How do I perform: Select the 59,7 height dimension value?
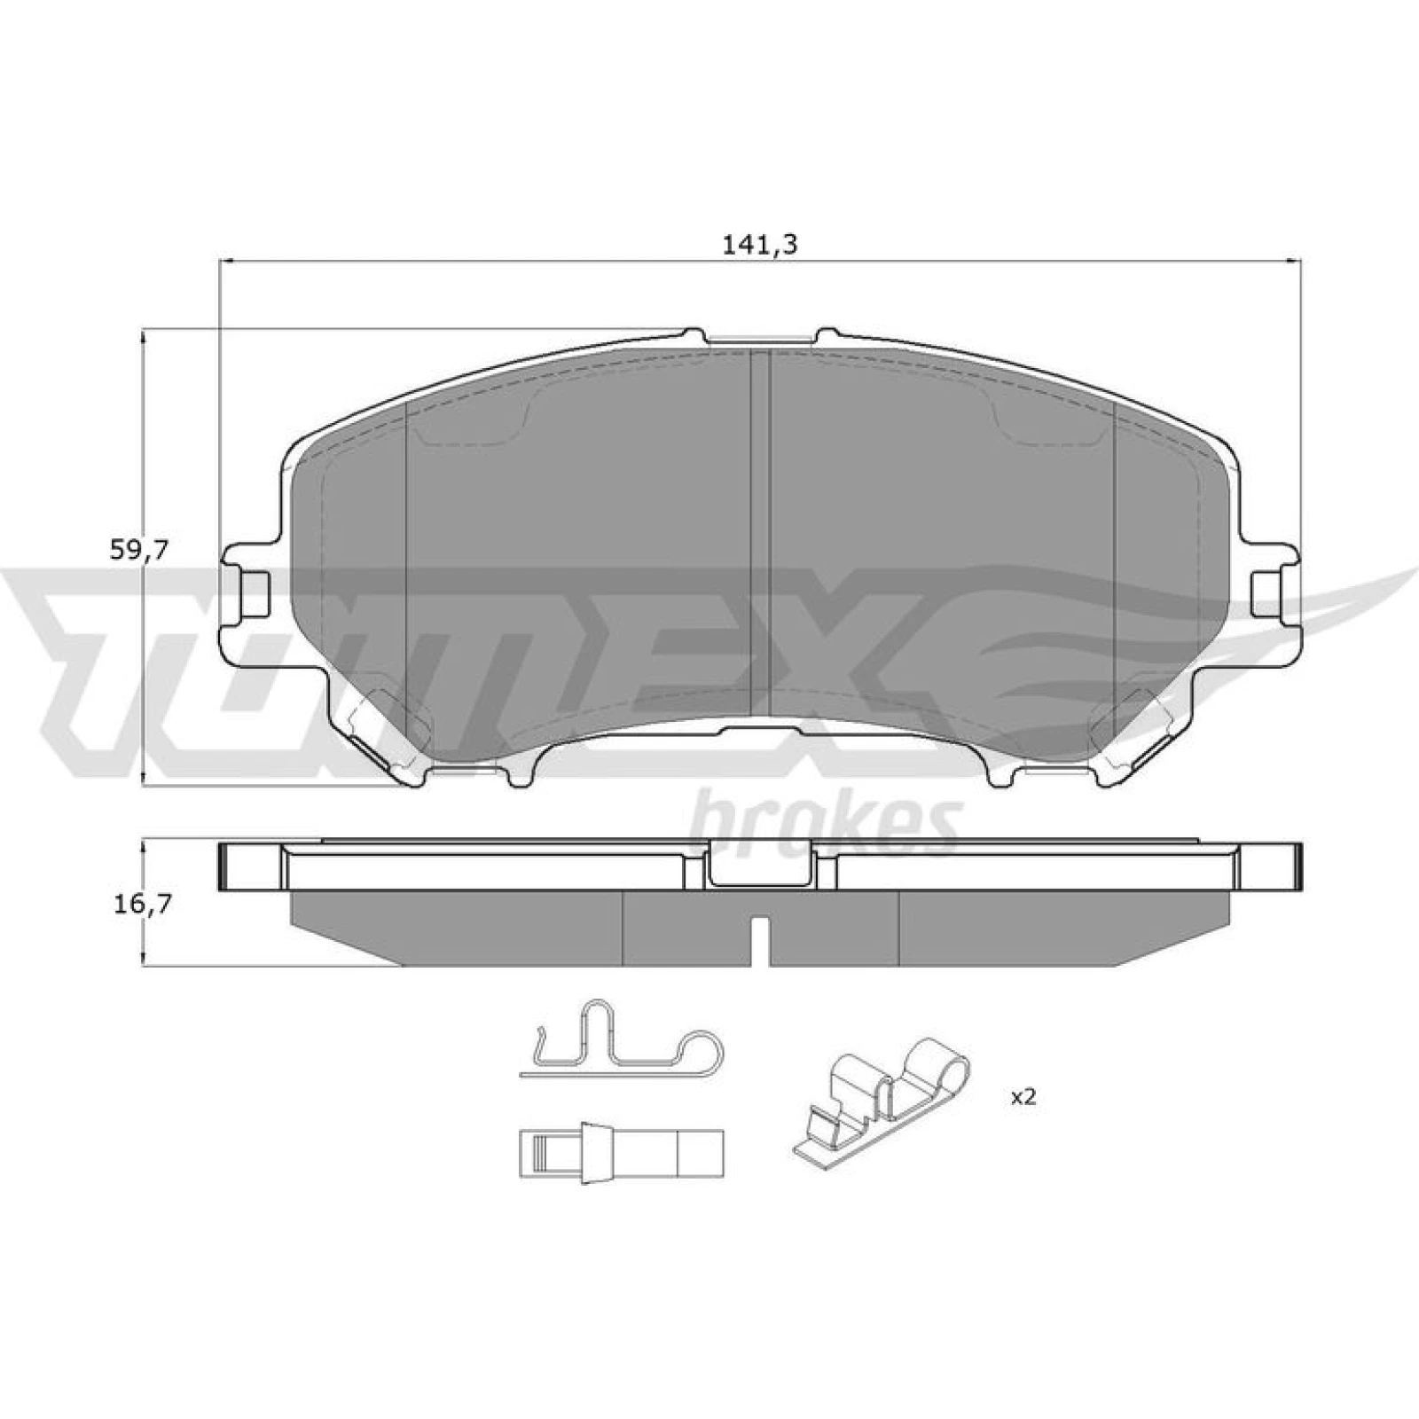(x=138, y=551)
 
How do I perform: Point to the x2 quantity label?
(x=1023, y=1097)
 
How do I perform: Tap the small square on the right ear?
(x=1266, y=592)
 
